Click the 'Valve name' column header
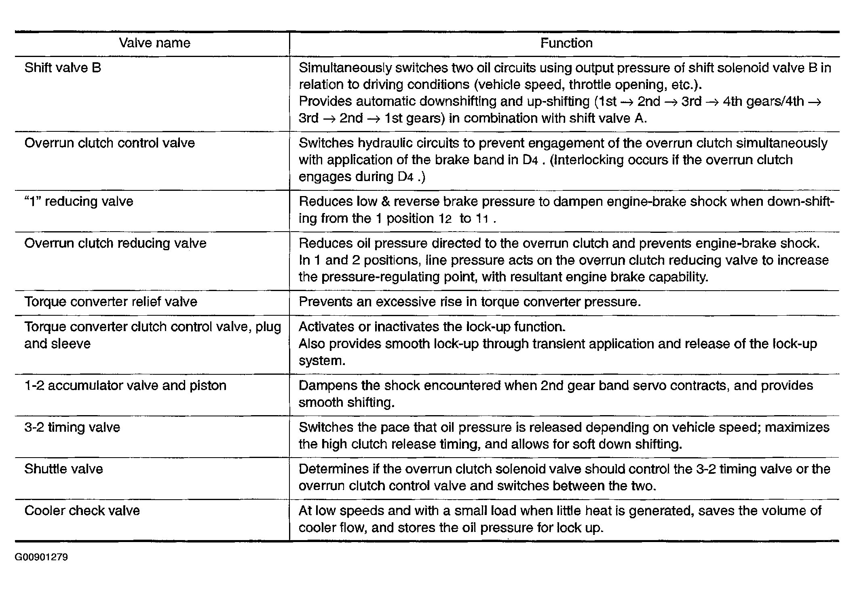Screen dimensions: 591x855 click(154, 43)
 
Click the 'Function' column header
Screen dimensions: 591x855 click(566, 43)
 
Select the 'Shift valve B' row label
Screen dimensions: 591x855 click(63, 68)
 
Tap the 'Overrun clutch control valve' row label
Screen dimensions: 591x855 click(110, 143)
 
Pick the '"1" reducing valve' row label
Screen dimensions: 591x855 click(79, 202)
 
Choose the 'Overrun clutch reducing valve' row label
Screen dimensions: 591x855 click(115, 243)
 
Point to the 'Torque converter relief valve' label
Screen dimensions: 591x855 click(111, 302)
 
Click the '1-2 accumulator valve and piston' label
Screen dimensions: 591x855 click(125, 386)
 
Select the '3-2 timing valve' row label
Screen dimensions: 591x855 click(72, 428)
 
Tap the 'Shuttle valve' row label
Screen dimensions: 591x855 click(63, 469)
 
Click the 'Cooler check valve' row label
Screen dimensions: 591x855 click(82, 511)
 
